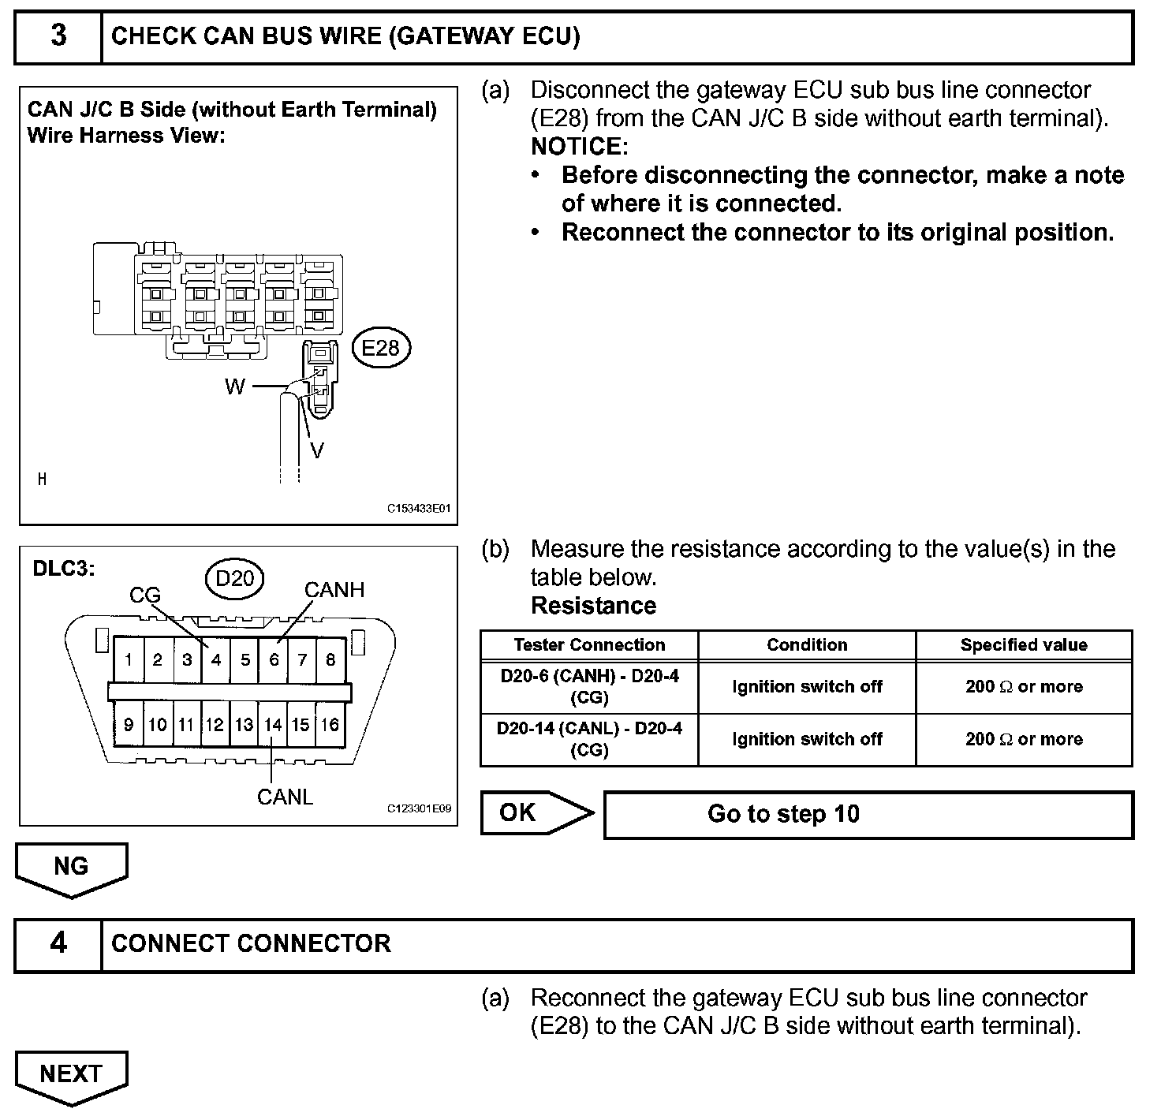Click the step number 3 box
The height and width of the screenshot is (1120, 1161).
click(58, 37)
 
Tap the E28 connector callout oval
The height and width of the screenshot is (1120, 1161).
click(381, 348)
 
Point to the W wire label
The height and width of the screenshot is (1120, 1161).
click(235, 386)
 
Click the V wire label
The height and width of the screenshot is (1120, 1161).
click(317, 450)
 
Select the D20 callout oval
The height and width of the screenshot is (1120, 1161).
click(234, 579)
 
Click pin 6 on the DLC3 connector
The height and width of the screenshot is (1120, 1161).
click(274, 660)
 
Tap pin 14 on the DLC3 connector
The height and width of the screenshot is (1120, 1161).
click(273, 724)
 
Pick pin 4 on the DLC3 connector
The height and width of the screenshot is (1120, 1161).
click(215, 660)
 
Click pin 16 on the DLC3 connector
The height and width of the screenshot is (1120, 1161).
click(330, 724)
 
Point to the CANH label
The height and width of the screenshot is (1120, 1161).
click(334, 590)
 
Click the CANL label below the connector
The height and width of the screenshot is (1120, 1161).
click(285, 797)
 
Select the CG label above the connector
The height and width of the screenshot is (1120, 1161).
click(145, 595)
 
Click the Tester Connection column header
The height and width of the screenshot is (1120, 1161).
click(589, 645)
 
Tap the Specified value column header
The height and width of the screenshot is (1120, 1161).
click(1024, 645)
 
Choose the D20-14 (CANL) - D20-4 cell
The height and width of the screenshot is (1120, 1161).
click(589, 739)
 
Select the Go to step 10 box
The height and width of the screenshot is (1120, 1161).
click(868, 814)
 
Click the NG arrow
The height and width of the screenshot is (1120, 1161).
click(71, 868)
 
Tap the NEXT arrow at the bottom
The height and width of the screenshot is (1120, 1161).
click(71, 1076)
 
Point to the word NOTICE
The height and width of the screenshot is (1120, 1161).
click(577, 147)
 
